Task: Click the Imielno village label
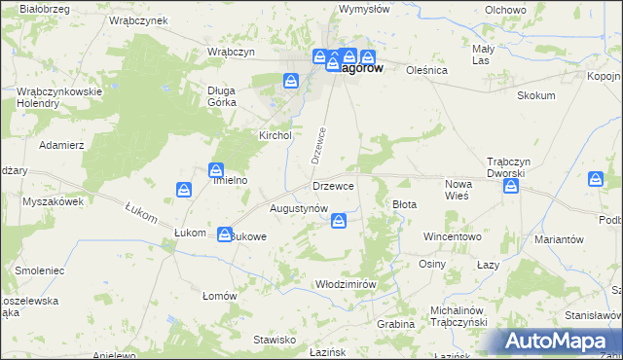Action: (x=230, y=180)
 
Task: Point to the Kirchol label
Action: (x=275, y=135)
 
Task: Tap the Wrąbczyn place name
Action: (x=231, y=51)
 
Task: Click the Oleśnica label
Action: (x=426, y=70)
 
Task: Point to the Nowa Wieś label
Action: (x=458, y=190)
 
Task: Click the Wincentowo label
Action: (x=452, y=236)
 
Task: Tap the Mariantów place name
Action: (x=559, y=238)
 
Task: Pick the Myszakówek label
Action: (x=53, y=201)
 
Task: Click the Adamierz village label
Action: (x=61, y=144)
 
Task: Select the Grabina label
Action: (x=396, y=323)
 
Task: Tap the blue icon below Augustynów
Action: (x=338, y=223)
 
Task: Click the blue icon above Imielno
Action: (x=216, y=170)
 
